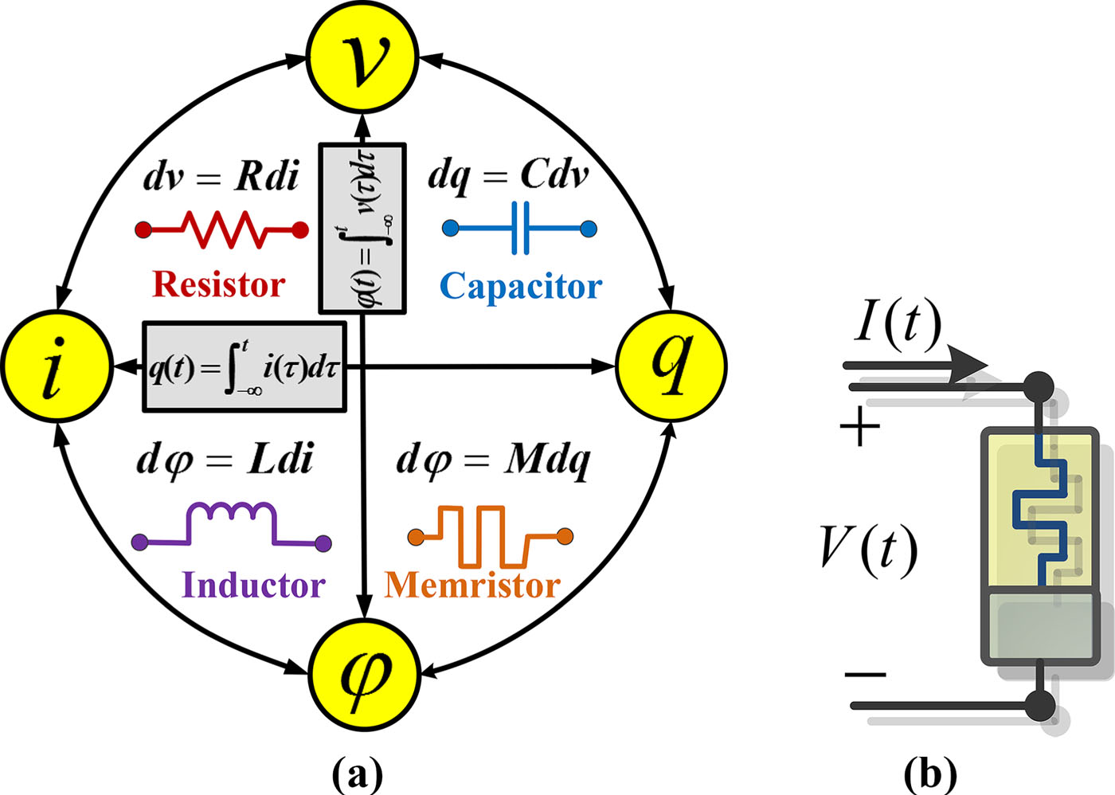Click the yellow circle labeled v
point(362,57)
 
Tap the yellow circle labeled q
point(671,365)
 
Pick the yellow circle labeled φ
point(364,674)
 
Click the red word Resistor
point(218,284)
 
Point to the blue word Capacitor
point(521,286)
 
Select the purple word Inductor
point(253,585)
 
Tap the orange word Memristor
point(473,585)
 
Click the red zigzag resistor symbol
point(221,229)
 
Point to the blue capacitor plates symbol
point(520,229)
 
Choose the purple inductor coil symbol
point(231,526)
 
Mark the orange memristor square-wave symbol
point(489,535)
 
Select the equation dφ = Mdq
point(493,460)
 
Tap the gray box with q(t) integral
point(245,367)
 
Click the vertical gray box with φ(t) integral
point(362,229)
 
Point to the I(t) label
point(898,324)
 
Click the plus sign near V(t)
point(860,428)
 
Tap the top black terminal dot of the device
point(1038,387)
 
